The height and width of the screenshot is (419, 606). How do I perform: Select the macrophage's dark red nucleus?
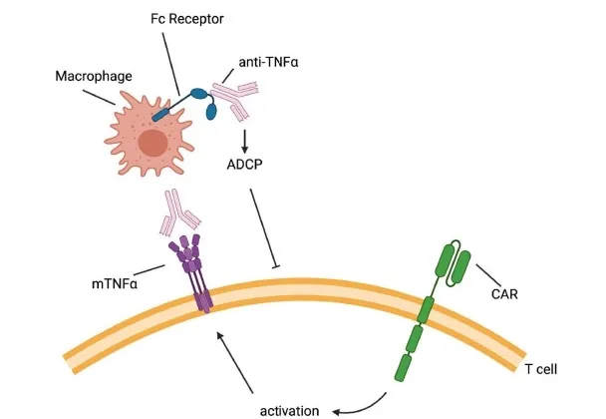(x=153, y=145)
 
